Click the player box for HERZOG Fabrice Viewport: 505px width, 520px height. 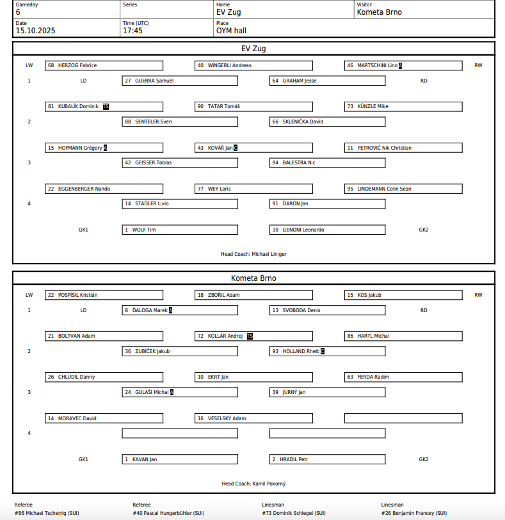click(x=104, y=65)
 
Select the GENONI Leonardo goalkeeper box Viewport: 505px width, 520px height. click(x=327, y=230)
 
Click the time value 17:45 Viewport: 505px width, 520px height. click(x=132, y=30)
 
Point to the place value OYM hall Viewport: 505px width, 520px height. click(x=231, y=30)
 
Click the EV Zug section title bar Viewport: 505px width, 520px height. click(x=253, y=49)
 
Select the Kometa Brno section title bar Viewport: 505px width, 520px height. click(x=253, y=278)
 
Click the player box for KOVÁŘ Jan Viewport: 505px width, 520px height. click(x=253, y=148)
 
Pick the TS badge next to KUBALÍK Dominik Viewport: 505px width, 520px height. click(x=106, y=107)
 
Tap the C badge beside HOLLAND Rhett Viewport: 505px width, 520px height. click(x=323, y=351)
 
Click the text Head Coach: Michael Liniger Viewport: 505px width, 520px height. click(x=253, y=254)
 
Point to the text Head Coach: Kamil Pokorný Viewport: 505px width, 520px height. click(x=253, y=484)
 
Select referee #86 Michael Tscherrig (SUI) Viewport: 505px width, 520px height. click(x=47, y=513)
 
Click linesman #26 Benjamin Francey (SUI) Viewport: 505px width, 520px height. click(x=413, y=513)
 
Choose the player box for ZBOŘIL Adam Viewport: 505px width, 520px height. click(x=253, y=295)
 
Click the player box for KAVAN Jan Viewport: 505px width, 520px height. click(x=180, y=459)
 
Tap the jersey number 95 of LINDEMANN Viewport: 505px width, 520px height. click(x=350, y=189)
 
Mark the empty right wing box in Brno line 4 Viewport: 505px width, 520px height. click(x=403, y=418)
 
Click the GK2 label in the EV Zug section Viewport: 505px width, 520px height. click(x=424, y=230)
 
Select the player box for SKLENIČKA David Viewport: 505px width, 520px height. click(x=327, y=122)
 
